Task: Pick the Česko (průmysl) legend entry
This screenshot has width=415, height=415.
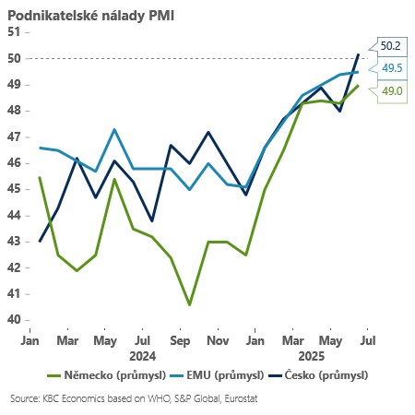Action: (319, 375)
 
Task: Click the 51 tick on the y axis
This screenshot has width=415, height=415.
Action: (14, 31)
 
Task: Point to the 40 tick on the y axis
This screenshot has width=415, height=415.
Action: (14, 320)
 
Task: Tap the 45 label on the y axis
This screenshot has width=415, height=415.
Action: (14, 189)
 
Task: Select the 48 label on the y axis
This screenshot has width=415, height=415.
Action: (14, 110)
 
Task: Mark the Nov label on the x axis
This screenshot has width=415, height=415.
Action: (218, 340)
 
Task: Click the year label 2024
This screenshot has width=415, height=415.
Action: (142, 355)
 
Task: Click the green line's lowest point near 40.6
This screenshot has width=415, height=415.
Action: (189, 304)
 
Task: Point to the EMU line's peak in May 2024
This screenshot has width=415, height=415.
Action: (113, 129)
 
